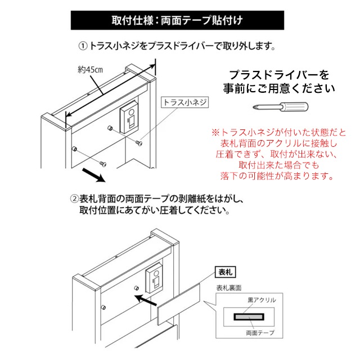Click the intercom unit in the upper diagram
pyautogui.click(x=130, y=116)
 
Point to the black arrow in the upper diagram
pyautogui.click(x=93, y=175)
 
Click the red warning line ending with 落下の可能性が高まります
pyautogui.click(x=278, y=176)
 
